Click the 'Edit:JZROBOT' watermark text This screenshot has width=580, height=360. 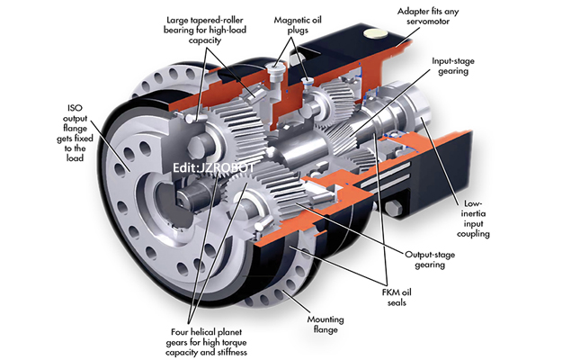point(210,166)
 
